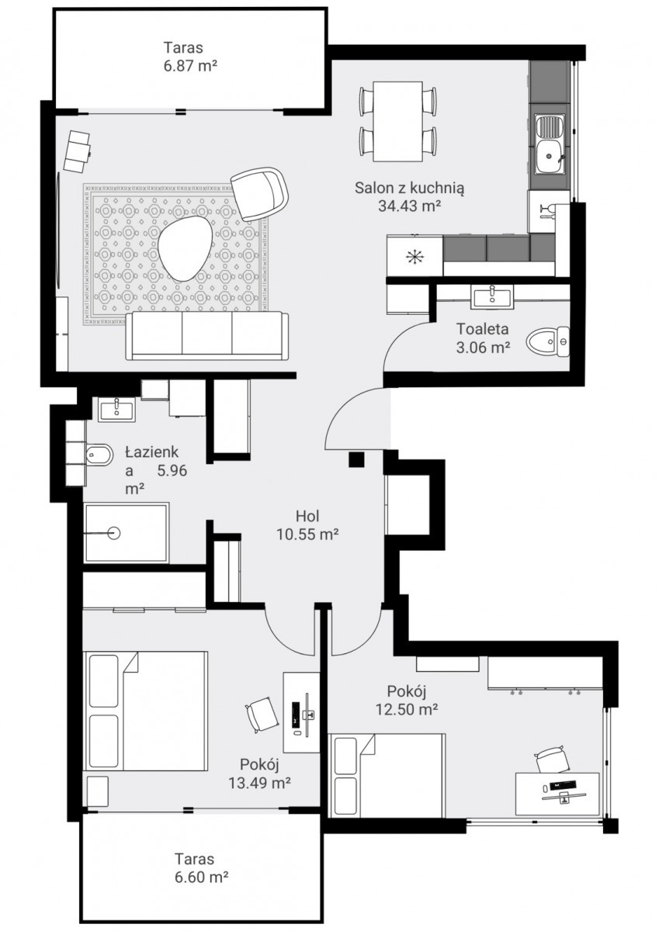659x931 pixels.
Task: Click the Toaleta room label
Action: coord(482,329)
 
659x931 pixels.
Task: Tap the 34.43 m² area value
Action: coord(409,206)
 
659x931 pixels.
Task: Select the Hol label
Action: coord(307,516)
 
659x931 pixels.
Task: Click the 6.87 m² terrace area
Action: coord(190,66)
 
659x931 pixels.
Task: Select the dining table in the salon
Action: coord(398,121)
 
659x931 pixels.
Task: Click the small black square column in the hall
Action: coord(356,460)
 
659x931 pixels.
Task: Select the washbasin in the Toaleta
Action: coord(491,296)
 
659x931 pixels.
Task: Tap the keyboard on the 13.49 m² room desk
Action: coord(296,714)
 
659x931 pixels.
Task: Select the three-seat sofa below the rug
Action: coord(207,336)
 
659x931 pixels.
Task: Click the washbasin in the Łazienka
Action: coord(116,409)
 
